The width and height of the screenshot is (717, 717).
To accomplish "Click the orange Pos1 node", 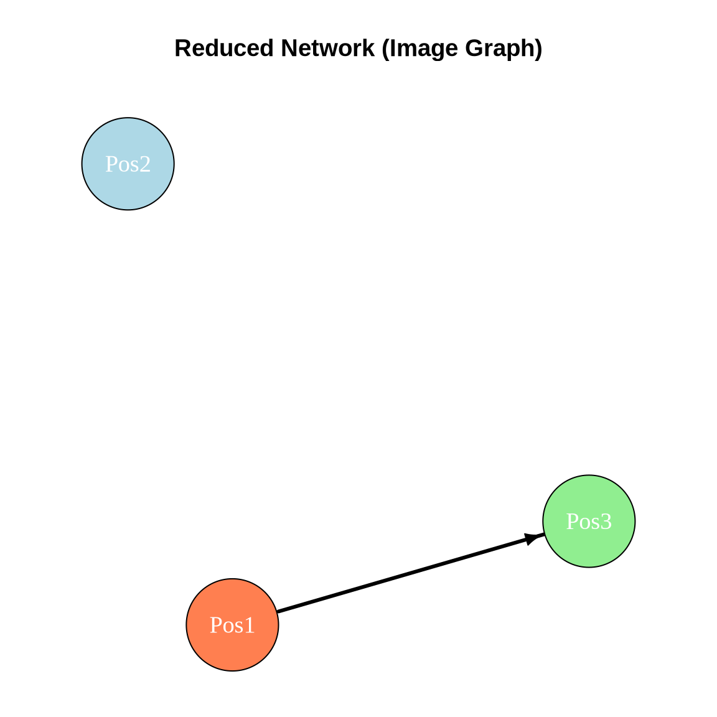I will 232,625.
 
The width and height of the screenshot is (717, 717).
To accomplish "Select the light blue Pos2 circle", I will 128,164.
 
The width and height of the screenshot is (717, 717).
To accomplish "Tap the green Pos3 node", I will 589,521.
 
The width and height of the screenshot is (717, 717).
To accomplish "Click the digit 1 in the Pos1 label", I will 250,625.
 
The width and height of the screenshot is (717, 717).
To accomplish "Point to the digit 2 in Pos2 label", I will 145,164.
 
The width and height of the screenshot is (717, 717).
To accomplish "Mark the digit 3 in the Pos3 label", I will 606,521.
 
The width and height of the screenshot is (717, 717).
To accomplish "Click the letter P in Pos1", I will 215,625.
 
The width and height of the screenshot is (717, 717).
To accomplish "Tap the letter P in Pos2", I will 111,164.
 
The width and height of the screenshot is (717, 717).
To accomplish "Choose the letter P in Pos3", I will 571,521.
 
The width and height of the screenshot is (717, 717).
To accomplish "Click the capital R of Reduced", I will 181,49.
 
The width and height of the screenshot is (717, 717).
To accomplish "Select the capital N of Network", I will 288,49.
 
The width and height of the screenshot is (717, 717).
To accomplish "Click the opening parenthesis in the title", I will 384,49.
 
